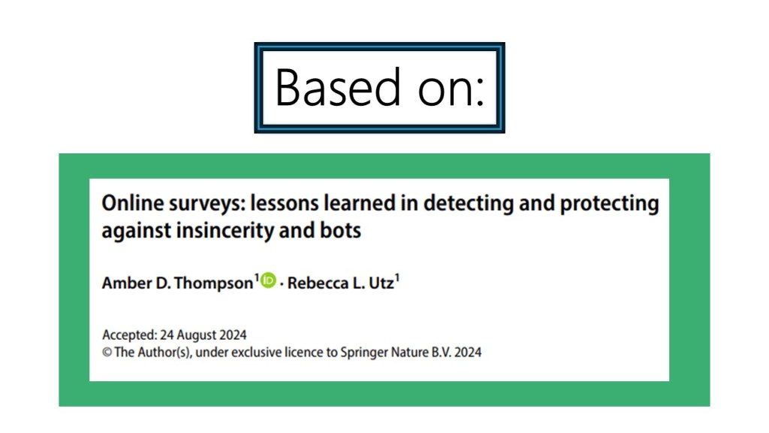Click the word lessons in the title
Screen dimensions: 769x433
tap(285, 203)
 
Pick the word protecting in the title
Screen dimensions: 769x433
tap(610, 204)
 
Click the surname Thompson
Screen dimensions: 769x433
tap(213, 283)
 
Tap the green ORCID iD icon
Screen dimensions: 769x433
tap(268, 280)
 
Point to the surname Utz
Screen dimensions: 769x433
tap(381, 283)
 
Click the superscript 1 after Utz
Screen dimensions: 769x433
tap(397, 278)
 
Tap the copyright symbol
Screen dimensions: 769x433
tap(107, 353)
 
